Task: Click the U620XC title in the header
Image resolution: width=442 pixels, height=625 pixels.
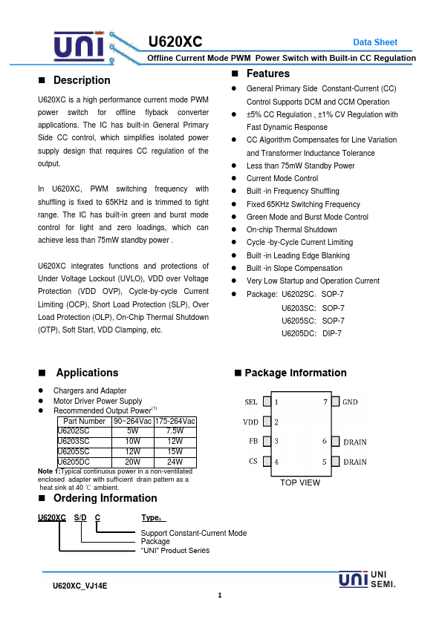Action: click(x=175, y=42)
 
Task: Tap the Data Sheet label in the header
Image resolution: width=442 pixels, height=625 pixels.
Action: click(x=374, y=42)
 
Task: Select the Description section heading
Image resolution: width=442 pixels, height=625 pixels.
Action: click(x=82, y=80)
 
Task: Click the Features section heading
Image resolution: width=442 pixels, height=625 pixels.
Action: click(x=268, y=73)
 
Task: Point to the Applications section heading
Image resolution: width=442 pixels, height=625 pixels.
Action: click(x=87, y=373)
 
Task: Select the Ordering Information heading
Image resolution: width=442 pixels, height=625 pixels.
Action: click(x=94, y=498)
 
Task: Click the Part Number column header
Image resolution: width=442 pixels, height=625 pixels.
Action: click(x=85, y=421)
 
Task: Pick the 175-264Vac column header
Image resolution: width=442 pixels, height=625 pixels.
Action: click(x=175, y=421)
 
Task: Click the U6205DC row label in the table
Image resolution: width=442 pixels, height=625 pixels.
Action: click(x=74, y=461)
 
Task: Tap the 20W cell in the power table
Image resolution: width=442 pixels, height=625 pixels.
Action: click(x=133, y=461)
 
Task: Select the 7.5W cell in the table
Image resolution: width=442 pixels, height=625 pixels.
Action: click(x=175, y=431)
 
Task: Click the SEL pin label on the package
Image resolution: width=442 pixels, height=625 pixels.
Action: click(x=251, y=402)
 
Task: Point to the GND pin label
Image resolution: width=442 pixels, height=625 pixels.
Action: click(x=350, y=402)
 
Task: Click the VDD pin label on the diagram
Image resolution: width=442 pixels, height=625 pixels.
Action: click(x=250, y=422)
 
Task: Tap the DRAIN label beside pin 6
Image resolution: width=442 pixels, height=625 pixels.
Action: click(x=354, y=442)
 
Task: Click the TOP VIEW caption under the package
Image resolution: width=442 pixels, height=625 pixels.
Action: click(x=300, y=482)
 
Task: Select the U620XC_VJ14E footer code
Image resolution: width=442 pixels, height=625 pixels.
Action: click(x=80, y=586)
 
